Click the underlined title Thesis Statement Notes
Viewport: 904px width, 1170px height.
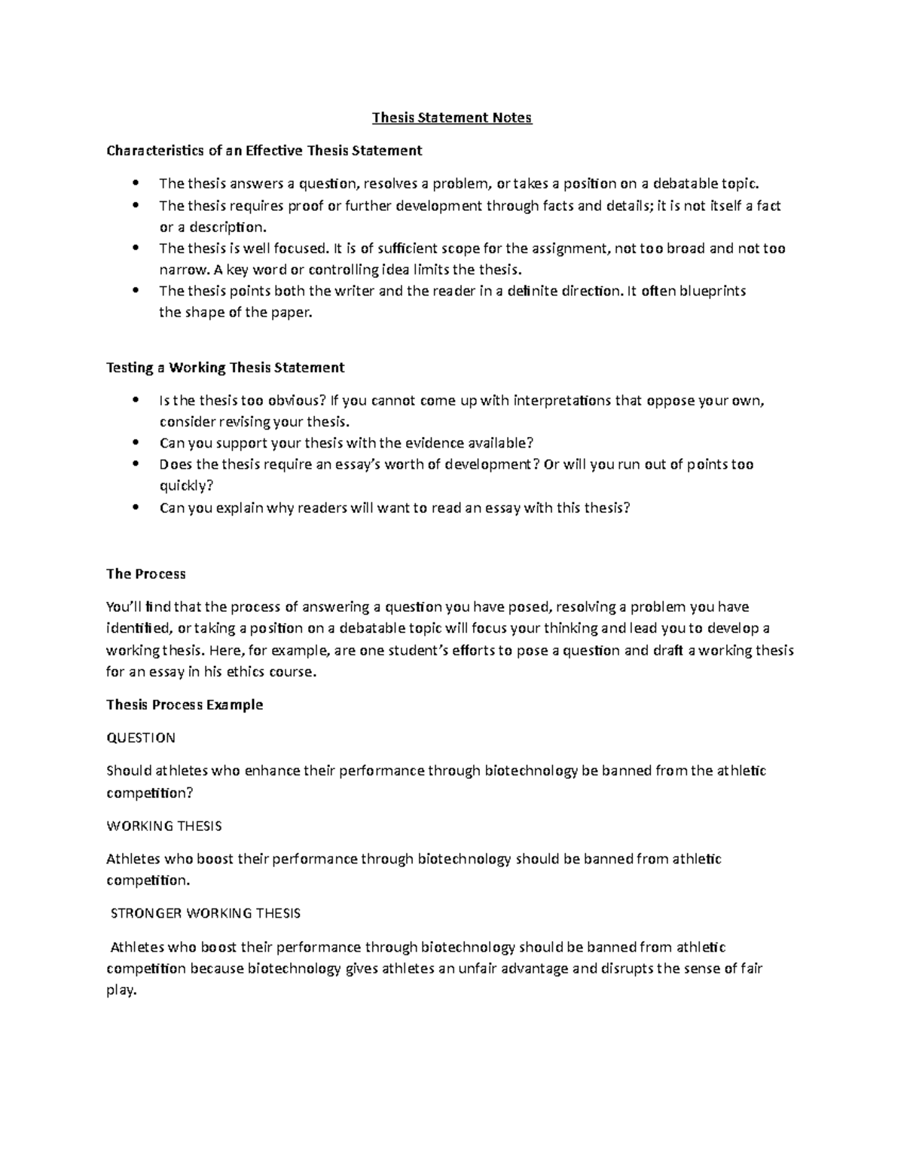tap(452, 118)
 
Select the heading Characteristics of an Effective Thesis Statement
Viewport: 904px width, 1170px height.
tap(264, 151)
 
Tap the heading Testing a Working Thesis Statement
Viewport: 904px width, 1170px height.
tap(225, 368)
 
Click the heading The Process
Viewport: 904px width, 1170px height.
tap(145, 574)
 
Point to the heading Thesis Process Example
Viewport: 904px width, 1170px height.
tap(185, 705)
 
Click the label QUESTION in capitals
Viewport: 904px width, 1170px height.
tap(141, 738)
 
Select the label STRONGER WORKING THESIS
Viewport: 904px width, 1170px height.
tap(206, 913)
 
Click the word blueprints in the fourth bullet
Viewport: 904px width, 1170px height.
tap(713, 292)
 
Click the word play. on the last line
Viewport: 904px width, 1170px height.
tap(122, 991)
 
